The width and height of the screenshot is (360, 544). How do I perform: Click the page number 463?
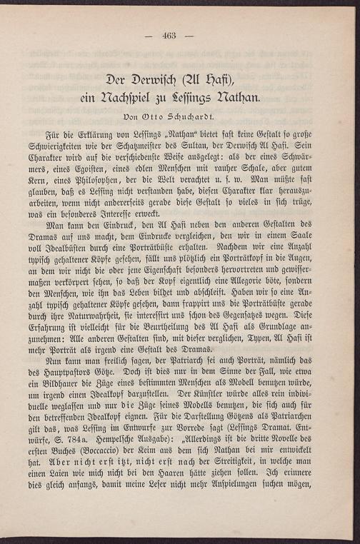coord(169,36)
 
